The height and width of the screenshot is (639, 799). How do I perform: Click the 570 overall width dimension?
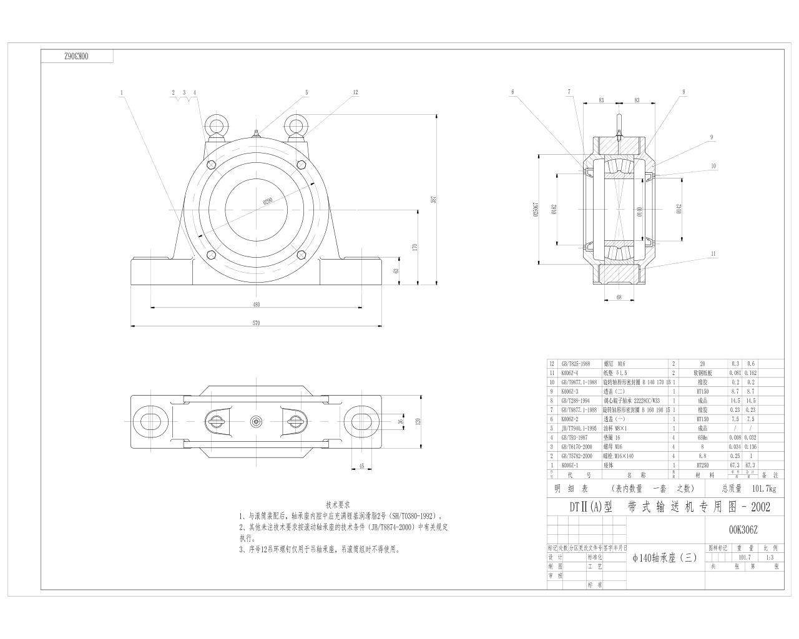256,323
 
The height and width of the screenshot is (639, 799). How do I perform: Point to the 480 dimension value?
256,305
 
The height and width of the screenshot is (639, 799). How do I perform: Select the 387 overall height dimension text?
432,200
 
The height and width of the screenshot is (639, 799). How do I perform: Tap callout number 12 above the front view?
355,92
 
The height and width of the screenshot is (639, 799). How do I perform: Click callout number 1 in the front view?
122,92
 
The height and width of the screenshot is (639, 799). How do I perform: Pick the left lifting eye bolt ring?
216,127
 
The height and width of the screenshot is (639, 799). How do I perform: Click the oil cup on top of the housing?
255,133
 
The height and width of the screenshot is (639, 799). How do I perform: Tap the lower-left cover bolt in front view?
211,254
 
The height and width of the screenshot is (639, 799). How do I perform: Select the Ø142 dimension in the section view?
678,211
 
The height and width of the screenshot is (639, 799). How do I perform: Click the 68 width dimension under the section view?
619,297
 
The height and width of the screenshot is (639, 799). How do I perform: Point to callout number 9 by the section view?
711,137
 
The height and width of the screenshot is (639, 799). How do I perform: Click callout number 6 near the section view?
512,92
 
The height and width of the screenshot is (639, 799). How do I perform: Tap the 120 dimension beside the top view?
418,421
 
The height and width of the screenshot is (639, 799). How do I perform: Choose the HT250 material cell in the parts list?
703,465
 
